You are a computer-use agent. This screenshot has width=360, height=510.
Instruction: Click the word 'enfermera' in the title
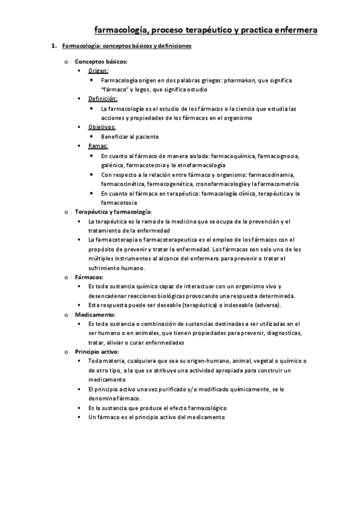pos(294,30)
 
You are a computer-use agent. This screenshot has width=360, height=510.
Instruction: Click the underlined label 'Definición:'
pos(103,99)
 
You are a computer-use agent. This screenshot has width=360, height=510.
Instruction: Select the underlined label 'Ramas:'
pos(97,146)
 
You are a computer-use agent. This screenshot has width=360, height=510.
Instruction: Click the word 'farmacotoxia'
pos(120,203)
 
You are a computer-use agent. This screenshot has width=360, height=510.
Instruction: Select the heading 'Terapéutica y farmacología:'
pos(113,212)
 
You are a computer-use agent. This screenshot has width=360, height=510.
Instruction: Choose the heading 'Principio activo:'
pos(97,351)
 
